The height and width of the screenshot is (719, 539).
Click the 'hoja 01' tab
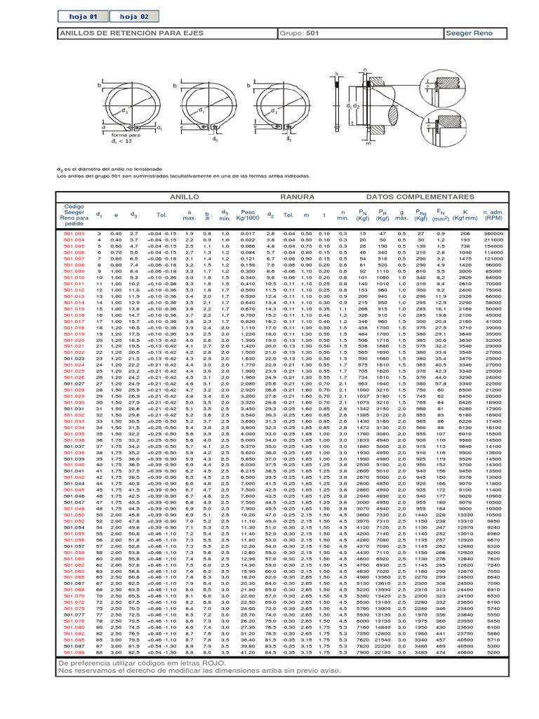pos(79,15)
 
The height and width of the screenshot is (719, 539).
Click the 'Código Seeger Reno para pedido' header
pos(74,216)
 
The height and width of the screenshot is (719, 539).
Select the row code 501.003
pos(74,232)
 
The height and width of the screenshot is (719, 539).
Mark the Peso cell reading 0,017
pos(247,232)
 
